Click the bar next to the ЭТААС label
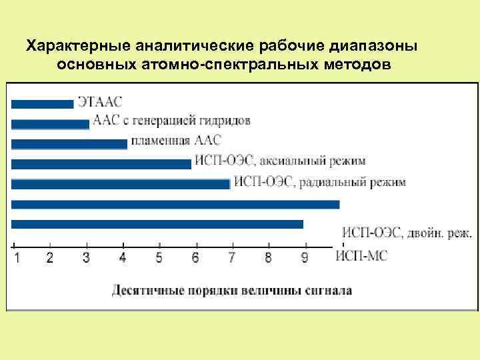[42, 103]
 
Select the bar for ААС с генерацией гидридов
[50, 123]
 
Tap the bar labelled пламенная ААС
[69, 143]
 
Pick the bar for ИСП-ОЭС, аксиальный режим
[101, 163]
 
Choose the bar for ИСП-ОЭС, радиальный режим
[121, 183]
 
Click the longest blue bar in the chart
[175, 204]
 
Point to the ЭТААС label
[100, 102]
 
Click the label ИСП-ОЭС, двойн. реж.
[407, 233]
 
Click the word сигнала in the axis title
[327, 290]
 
